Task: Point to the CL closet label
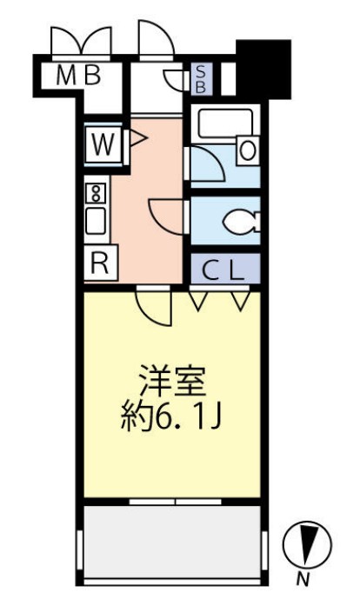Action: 225,270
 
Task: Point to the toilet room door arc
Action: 166,214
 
